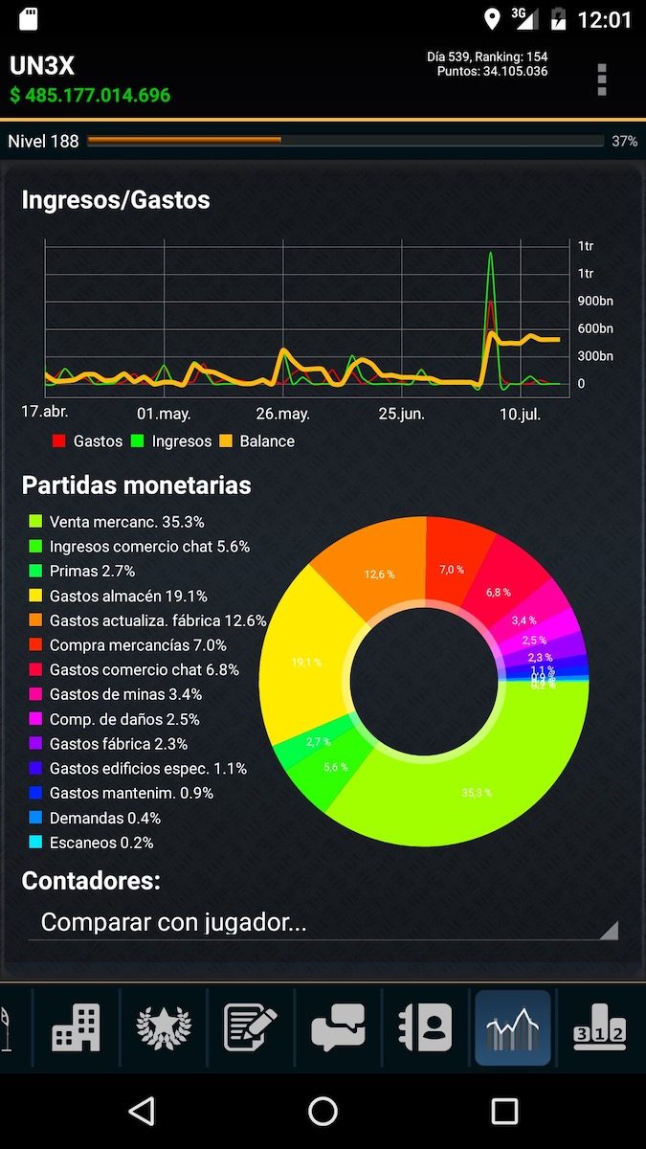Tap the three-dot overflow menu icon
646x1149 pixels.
click(601, 79)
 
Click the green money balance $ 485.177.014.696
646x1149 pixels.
click(91, 96)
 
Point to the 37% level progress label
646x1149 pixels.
click(624, 142)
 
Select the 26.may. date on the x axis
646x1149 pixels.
click(282, 414)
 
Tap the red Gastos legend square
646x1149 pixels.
click(59, 441)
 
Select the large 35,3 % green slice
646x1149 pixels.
click(477, 792)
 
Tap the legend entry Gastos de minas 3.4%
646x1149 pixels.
click(125, 694)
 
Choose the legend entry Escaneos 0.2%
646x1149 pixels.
click(101, 843)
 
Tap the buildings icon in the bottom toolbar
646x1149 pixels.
click(77, 1028)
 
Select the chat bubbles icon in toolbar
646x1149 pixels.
click(339, 1028)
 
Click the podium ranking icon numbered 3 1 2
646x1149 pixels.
click(599, 1028)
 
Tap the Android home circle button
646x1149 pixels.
click(323, 1111)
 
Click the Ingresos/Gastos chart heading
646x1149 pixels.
click(116, 200)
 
